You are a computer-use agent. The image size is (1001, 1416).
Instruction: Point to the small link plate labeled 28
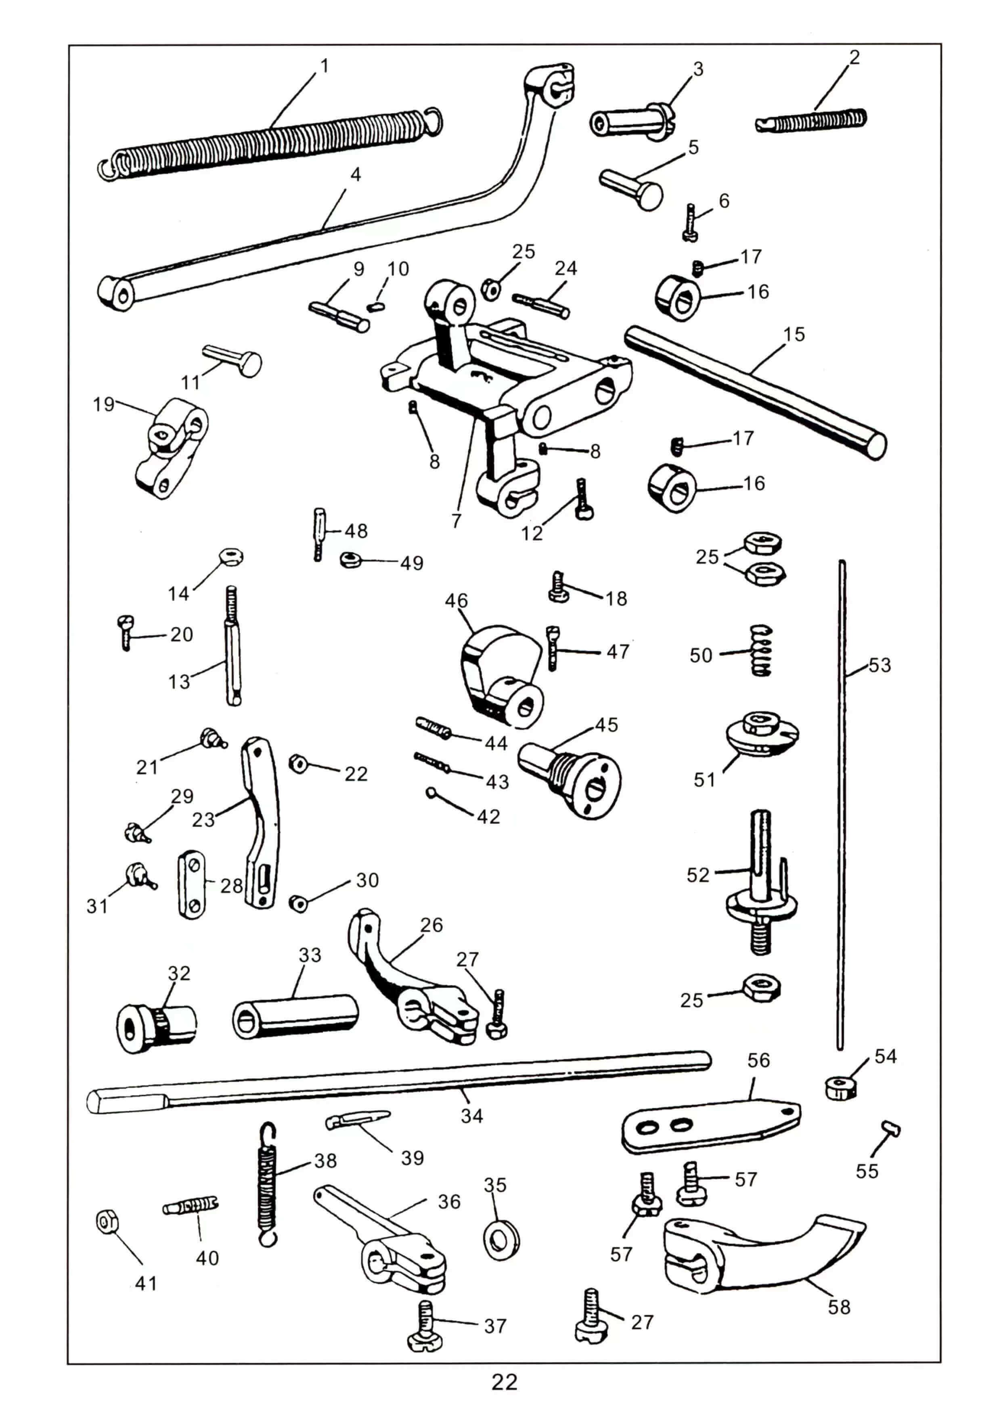click(x=191, y=884)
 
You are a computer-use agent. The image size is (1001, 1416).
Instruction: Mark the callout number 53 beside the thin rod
click(x=880, y=666)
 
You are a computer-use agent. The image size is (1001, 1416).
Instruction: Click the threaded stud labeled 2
click(x=811, y=120)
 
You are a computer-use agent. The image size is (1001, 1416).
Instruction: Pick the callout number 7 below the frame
click(x=457, y=521)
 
